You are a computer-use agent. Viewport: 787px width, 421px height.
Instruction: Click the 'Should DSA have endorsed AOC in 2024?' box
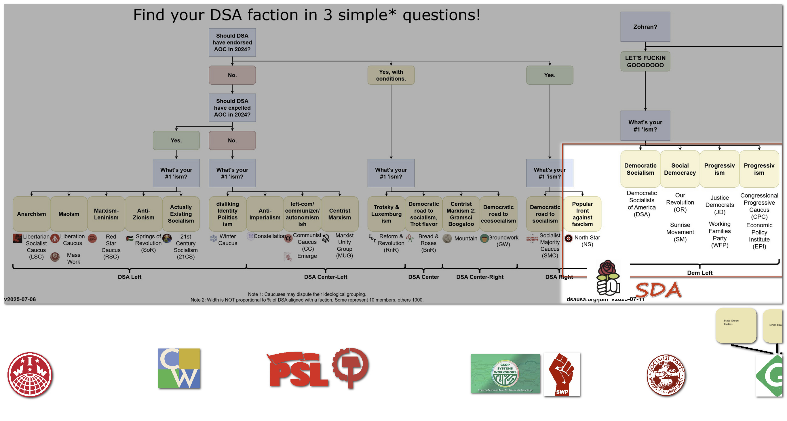(232, 43)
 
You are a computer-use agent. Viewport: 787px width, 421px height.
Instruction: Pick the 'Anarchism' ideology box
(31, 214)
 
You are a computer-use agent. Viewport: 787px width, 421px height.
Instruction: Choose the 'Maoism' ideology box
(69, 214)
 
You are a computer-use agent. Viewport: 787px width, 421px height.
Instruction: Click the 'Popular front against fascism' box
(582, 214)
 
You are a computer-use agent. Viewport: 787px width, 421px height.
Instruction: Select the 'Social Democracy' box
(680, 169)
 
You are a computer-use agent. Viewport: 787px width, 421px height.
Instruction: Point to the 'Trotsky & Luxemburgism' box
(386, 214)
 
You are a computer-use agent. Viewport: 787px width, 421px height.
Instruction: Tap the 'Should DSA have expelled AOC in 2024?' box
(232, 108)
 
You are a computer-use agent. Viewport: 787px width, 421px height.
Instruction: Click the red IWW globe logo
(30, 375)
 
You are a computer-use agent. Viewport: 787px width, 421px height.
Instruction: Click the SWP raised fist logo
(562, 374)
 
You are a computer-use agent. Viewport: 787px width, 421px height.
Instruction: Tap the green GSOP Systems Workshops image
(505, 373)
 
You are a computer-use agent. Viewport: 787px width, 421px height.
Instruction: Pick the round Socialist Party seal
(666, 375)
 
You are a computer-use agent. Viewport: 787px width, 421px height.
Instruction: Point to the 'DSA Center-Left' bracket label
(325, 277)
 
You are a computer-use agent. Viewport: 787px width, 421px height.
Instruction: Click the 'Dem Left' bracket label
(699, 273)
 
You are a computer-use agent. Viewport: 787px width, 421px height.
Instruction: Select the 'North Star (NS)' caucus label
(587, 241)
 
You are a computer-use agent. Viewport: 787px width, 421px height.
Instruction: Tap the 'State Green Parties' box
(736, 325)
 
